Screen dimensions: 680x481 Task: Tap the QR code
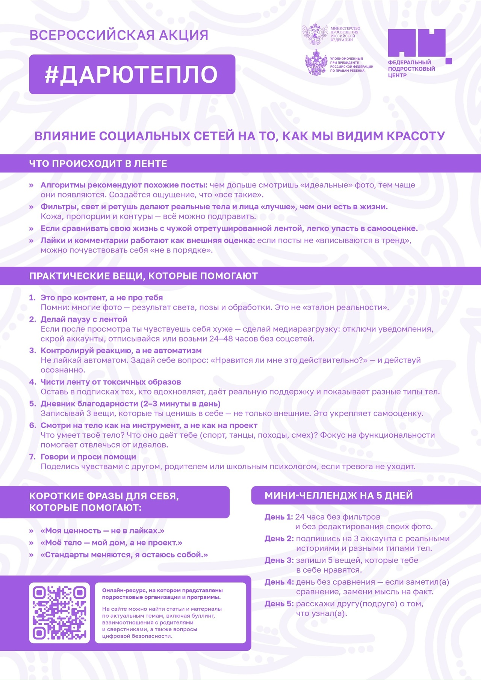[x=59, y=613]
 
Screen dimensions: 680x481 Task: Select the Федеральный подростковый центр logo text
[x=411, y=69]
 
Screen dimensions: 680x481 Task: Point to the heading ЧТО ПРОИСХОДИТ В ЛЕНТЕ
[x=98, y=163]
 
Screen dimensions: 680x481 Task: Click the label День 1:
[x=278, y=517]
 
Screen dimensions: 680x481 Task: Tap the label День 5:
[x=279, y=604]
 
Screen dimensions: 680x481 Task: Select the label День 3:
[x=279, y=560]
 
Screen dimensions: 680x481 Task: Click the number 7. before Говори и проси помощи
[x=32, y=457]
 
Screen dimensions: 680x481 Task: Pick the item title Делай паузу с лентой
[x=84, y=319]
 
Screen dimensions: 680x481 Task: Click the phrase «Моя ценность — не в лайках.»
[x=102, y=531]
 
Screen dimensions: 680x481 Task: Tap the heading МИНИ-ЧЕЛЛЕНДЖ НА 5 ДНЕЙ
[x=339, y=496]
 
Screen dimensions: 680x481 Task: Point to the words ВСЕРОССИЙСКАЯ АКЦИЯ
[x=119, y=35]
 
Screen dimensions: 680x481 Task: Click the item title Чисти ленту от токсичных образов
[x=110, y=382]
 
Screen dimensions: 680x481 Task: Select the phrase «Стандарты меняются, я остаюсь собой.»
[x=124, y=555]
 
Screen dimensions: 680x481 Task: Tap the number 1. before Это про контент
[x=32, y=298]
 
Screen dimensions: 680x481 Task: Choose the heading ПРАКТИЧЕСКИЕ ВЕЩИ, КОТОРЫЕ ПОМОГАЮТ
[x=143, y=276]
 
